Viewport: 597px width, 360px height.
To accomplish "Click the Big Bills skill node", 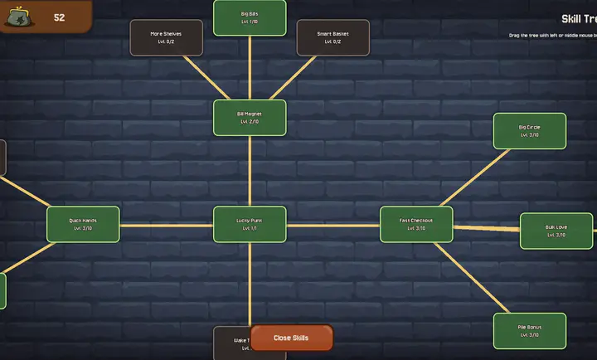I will click(x=250, y=17).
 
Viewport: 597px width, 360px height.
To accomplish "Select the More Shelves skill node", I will click(x=166, y=37).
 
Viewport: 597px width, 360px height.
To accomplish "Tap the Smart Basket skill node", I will click(x=332, y=37).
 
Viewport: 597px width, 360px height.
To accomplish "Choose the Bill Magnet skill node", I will click(x=250, y=118).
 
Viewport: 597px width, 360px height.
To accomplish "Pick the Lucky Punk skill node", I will click(x=250, y=224).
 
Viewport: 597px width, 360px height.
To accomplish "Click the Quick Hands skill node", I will click(x=83, y=224).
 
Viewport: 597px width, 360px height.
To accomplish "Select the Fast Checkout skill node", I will click(x=416, y=224).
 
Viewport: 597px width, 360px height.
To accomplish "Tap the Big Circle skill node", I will click(x=529, y=131).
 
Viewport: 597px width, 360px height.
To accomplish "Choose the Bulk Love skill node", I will click(x=556, y=231).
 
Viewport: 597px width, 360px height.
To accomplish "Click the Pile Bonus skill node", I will click(x=529, y=331).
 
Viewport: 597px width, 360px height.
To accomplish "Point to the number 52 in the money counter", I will click(x=60, y=17).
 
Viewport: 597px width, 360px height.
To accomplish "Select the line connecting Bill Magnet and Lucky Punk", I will click(x=250, y=171).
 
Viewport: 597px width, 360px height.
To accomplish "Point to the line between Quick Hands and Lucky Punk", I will click(x=166, y=224).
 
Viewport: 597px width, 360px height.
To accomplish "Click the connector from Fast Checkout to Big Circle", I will click(x=473, y=178).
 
